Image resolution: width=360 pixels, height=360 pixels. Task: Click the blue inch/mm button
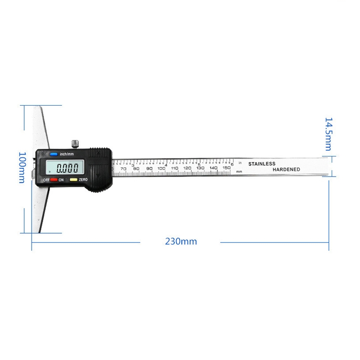coord(53,155)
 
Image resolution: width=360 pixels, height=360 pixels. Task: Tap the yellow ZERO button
coord(73,179)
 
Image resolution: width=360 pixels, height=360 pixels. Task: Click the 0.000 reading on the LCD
coord(67,168)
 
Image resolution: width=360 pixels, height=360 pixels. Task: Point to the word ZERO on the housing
coord(83,179)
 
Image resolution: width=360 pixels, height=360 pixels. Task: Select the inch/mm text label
coord(67,154)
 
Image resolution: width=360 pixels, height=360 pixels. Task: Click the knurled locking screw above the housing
coord(75,143)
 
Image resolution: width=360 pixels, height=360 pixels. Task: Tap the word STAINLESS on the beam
coord(262,164)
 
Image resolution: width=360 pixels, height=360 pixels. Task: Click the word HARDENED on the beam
coord(286,169)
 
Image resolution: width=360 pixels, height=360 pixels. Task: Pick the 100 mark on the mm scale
coord(161,168)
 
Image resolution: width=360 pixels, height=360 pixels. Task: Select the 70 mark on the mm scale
coord(123,168)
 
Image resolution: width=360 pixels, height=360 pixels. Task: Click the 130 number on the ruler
coord(201,168)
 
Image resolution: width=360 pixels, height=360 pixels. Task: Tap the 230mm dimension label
coord(181,241)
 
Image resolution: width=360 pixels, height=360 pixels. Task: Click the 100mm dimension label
coord(22,167)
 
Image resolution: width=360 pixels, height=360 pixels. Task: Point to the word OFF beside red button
coord(47,179)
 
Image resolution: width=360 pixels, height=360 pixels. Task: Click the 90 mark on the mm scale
coord(149,168)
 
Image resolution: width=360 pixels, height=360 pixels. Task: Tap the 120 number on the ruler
coord(188,168)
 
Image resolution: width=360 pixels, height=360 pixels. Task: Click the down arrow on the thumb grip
coord(98,176)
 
